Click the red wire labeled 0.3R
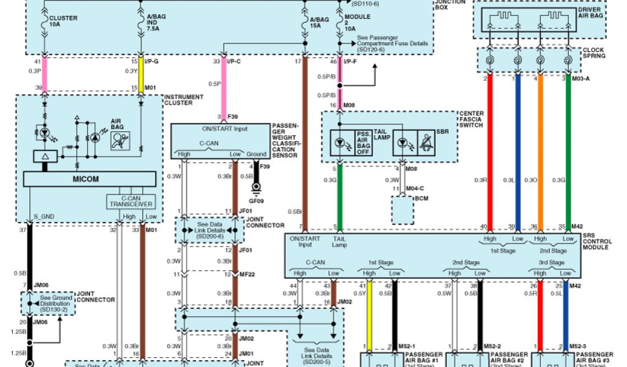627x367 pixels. [x=490, y=153]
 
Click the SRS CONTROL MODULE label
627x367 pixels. [x=597, y=242]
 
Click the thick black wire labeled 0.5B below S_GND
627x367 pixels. [x=28, y=257]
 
